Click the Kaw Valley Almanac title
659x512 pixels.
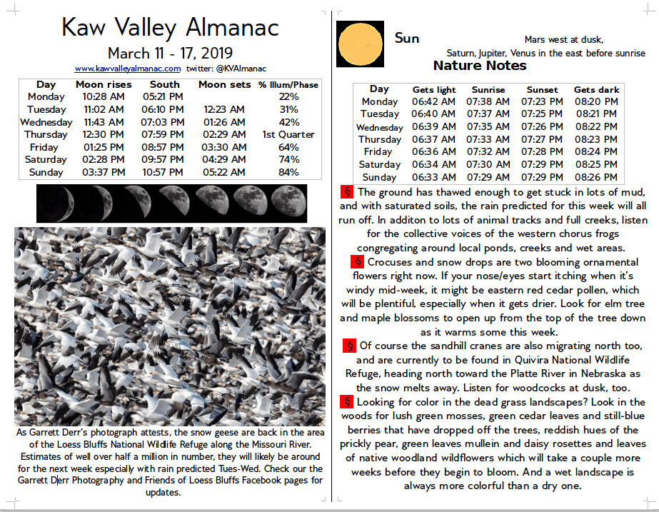tap(170, 27)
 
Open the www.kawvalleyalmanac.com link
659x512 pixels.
tap(127, 69)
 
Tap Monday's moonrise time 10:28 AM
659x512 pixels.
tap(104, 97)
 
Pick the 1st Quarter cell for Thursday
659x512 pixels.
tap(288, 134)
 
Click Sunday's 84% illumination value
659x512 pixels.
tap(288, 172)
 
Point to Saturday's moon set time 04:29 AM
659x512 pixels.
tap(223, 159)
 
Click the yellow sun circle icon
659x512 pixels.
tap(361, 44)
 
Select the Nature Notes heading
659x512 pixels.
tap(480, 66)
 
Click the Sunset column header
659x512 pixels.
tap(542, 90)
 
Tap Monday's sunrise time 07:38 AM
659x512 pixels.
tap(488, 101)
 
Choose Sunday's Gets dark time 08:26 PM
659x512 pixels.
tap(595, 177)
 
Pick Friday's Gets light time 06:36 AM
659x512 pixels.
tap(433, 152)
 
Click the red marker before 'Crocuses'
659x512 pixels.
tap(357, 261)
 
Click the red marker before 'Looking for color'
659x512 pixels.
tap(348, 402)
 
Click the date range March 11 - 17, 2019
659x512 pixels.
tap(170, 54)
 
